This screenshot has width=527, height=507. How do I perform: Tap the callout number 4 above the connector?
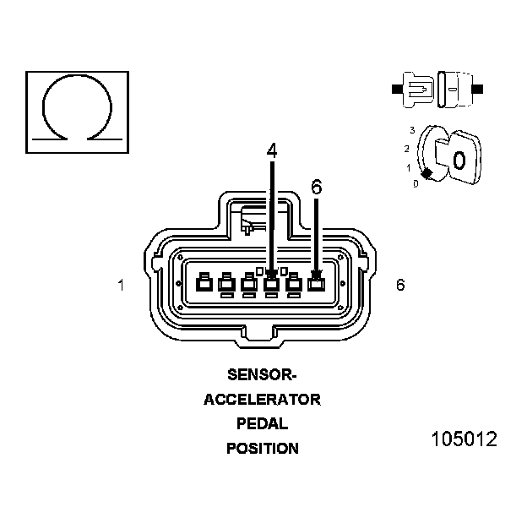271,150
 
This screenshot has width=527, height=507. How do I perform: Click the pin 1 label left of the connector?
122,286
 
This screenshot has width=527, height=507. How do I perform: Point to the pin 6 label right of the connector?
399,285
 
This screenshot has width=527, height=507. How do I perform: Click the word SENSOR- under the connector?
262,374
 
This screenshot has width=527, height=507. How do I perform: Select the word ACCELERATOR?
262,400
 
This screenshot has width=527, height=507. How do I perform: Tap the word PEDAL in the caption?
262,424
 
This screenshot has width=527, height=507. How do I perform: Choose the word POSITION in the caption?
262,449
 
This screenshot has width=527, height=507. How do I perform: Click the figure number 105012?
464,440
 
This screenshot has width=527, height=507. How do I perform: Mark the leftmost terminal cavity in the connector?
204,284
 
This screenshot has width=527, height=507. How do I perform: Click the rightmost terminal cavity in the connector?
316,284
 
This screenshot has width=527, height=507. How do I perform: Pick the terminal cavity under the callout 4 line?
271,284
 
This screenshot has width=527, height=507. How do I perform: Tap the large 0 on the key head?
459,159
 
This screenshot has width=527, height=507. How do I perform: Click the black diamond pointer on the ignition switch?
427,173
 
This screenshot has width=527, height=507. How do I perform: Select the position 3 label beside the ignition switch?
411,130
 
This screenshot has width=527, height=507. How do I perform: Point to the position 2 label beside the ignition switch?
406,149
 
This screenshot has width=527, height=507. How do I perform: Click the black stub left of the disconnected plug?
395,87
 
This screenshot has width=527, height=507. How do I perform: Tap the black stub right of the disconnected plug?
479,88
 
